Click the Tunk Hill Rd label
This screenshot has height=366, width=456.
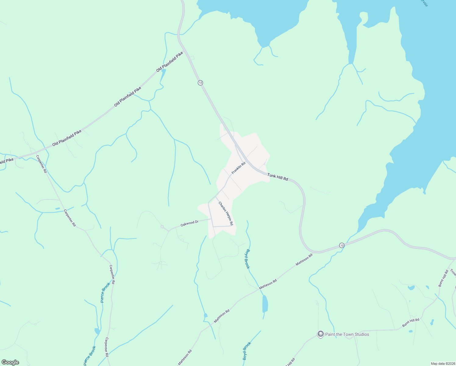tap(278, 177)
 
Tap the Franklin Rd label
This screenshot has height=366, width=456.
tap(238, 168)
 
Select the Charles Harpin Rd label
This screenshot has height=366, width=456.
tap(226, 213)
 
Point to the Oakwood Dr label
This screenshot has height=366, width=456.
tap(189, 224)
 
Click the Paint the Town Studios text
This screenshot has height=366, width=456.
tap(347, 334)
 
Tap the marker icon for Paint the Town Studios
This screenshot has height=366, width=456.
tap(320, 334)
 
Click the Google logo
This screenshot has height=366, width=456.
tap(10, 362)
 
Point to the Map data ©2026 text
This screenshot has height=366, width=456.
tap(443, 364)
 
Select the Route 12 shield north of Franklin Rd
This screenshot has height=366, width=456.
tap(200, 83)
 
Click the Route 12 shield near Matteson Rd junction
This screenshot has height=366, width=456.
tap(342, 245)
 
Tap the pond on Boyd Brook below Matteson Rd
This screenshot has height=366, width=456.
tap(265, 304)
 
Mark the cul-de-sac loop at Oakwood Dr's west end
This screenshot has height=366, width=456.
tap(162, 227)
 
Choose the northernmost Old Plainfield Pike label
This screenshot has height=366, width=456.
tap(169, 62)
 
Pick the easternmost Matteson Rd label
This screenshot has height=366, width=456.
tap(304, 260)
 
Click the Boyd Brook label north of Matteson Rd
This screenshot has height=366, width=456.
tap(248, 259)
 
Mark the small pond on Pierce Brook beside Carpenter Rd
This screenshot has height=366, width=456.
tap(97, 331)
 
